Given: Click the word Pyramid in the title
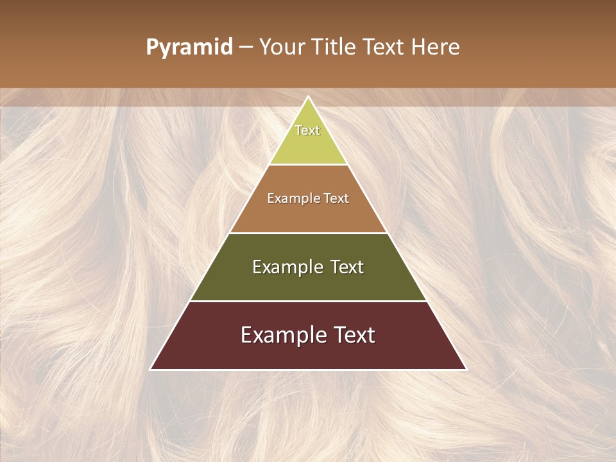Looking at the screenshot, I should tap(189, 47).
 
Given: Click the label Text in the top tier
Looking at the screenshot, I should tap(307, 130).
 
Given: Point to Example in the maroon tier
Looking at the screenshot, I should tap(280, 335).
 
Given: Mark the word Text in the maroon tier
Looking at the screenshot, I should tap(350, 335).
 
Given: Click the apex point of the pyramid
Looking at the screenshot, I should tap(309, 97).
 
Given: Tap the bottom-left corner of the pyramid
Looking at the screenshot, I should tap(151, 369).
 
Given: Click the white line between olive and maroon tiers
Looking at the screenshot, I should tap(308, 301).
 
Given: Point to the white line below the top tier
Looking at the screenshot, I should tap(308, 164).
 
